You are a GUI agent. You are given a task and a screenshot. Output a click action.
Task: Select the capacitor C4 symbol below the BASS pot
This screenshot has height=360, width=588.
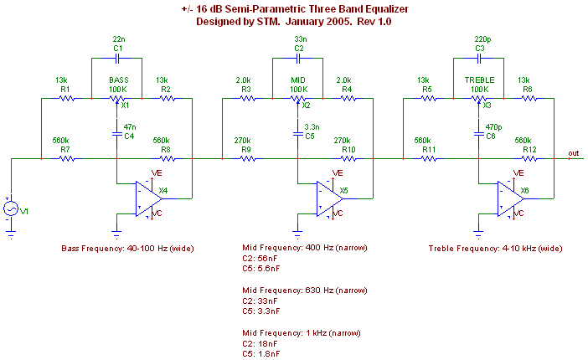117,131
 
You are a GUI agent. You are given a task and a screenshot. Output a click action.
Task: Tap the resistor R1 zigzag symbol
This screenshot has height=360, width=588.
65,97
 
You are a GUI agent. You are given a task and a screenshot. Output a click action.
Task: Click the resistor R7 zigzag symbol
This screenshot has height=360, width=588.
65,157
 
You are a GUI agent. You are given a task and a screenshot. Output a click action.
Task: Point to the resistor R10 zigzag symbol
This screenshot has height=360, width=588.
347,157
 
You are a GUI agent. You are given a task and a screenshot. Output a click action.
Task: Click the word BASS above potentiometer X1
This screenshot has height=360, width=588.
118,80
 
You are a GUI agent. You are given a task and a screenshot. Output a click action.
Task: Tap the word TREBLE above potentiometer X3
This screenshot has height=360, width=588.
479,80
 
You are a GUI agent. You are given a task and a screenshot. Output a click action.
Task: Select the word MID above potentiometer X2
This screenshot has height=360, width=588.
298,80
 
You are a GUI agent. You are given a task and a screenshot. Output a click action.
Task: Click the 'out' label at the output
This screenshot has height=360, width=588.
573,153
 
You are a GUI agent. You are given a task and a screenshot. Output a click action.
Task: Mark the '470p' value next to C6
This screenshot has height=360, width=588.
493,126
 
